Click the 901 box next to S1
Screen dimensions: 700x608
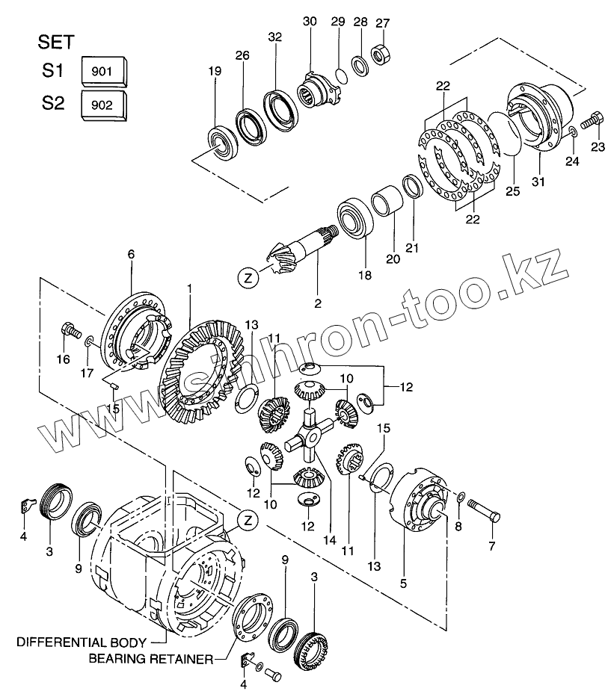coord(102,72)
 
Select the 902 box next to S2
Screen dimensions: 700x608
coord(102,105)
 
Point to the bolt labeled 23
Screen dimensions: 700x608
coord(592,118)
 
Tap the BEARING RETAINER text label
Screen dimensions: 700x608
coord(150,659)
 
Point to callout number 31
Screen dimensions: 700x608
coord(538,182)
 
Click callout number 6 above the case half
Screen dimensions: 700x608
coord(131,255)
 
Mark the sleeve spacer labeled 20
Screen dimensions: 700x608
coord(386,202)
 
